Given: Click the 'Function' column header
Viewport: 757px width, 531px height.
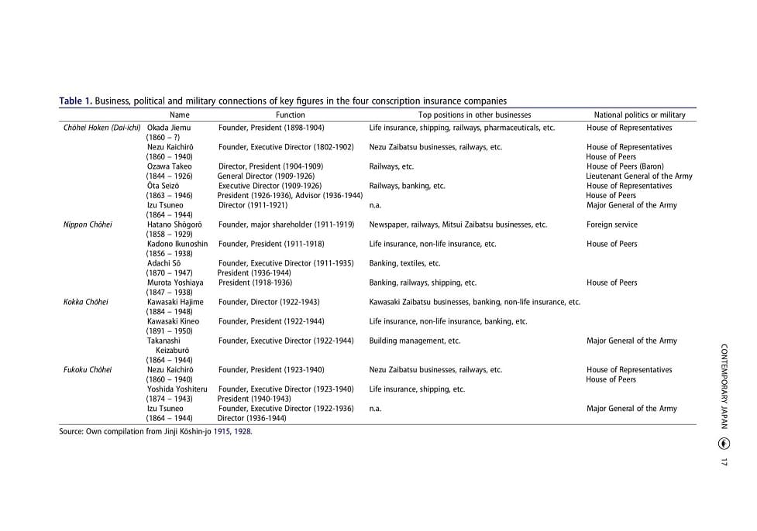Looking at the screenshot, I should coord(291,115).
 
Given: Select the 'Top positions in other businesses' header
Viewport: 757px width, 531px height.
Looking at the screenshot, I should coord(474,115).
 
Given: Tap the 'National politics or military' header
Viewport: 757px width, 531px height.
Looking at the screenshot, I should coord(639,115).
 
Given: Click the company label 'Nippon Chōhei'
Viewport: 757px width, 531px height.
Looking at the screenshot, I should coord(88,224).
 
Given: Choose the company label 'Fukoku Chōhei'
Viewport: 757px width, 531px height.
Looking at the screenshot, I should coord(88,370).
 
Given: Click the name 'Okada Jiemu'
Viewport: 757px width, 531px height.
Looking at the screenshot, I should coord(169,128).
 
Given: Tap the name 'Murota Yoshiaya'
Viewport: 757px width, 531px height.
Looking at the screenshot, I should coord(175,283).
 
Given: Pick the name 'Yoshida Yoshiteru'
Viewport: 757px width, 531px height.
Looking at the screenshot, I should coord(177,389).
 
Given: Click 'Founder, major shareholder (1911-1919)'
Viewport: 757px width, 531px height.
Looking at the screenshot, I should coord(286,224).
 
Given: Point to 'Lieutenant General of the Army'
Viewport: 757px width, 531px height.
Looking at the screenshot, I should coord(639,176).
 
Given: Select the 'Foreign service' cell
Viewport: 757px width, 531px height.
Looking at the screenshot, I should coord(612,224).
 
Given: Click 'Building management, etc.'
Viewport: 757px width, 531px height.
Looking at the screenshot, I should coord(415,341).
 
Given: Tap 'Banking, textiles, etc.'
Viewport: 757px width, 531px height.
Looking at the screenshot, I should coord(404,263).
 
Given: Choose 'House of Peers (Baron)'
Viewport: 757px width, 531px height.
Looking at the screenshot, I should coord(625,166).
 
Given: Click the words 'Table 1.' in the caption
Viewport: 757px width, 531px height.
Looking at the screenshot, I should coord(76,101).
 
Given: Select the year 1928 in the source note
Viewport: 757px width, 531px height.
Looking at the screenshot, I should coord(243,432).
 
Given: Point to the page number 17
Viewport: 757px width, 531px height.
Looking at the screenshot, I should coord(724,462).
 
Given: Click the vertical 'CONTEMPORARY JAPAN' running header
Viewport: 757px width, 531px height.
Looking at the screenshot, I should coord(724,386).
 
